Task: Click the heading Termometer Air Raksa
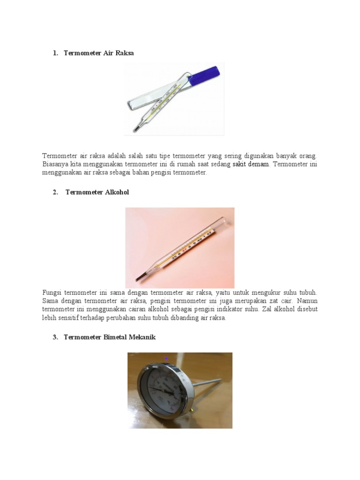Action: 98,53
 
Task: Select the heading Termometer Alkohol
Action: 97,192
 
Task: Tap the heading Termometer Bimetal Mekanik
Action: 109,337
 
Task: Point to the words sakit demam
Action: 251,164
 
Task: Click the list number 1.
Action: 55,53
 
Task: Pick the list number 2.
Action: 55,192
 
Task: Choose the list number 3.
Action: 55,337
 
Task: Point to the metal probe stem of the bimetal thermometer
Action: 206,382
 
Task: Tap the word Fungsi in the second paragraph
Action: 52,292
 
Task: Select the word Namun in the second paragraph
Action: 307,301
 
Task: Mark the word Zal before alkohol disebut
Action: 268,309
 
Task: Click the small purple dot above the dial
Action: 166,359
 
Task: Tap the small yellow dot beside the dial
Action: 191,411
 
